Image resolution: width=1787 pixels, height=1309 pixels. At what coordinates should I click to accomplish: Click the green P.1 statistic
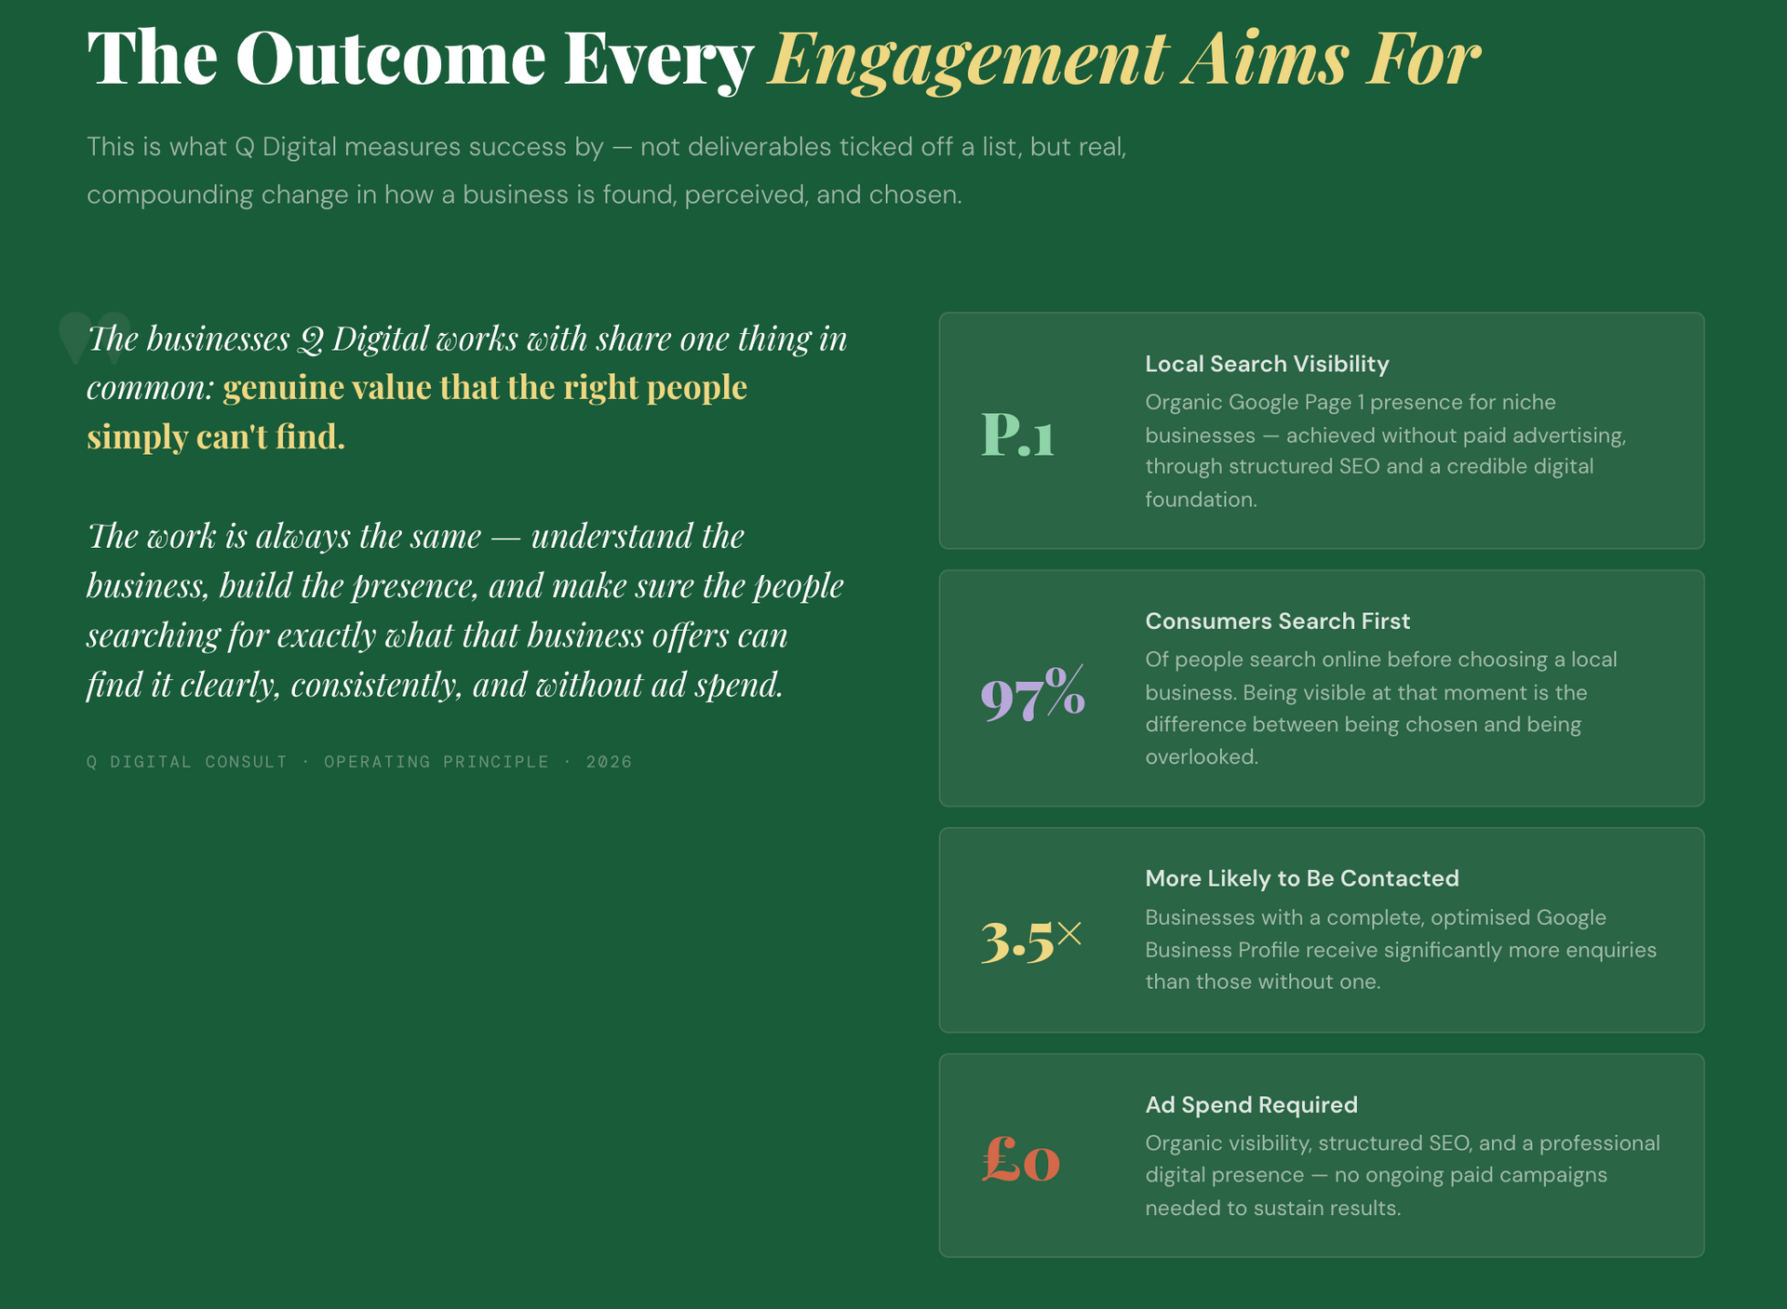(x=1017, y=434)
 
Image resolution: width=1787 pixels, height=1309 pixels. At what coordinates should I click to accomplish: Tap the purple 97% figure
(x=1033, y=693)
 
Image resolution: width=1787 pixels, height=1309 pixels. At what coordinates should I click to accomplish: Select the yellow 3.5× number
(x=1031, y=941)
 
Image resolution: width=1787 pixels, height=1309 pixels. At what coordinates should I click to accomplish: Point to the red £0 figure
(x=1021, y=1159)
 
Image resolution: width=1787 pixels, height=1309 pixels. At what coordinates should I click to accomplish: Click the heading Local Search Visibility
(x=1267, y=364)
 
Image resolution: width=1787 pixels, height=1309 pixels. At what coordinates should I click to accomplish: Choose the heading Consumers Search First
(x=1277, y=621)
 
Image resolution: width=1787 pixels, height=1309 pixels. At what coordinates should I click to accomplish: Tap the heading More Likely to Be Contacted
(x=1302, y=878)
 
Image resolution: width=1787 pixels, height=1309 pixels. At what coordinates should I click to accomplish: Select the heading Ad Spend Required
(x=1251, y=1104)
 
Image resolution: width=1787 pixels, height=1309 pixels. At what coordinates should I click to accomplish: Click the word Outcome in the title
(x=391, y=58)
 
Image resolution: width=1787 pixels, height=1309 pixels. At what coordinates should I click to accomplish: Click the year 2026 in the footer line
(x=609, y=762)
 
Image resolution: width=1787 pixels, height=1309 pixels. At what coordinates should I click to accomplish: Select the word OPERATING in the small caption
(x=376, y=762)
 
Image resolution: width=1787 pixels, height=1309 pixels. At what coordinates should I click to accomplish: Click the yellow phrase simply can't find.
(x=216, y=436)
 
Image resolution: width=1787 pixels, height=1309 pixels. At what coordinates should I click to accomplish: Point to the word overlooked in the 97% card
(x=1201, y=757)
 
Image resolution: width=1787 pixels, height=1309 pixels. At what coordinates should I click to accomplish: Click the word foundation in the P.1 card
(x=1201, y=500)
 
